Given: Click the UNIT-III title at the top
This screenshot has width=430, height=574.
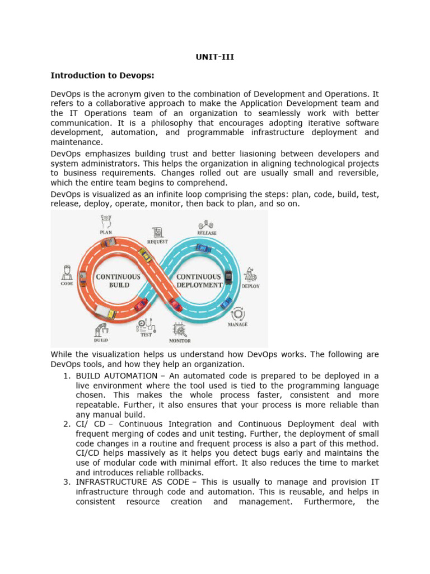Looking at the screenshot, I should [x=215, y=56].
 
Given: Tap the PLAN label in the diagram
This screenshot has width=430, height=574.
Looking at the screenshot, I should [x=106, y=232].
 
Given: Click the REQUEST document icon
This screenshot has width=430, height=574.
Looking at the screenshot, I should [x=158, y=232].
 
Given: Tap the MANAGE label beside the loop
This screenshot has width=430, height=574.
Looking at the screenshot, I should [x=237, y=325].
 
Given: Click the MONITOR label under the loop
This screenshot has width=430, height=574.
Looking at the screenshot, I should [x=180, y=341].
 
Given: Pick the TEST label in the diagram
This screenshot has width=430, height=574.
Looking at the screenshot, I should [x=146, y=335].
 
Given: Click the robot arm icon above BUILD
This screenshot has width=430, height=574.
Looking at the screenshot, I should [x=101, y=328].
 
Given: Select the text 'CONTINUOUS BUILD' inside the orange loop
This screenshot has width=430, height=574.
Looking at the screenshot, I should [x=118, y=280].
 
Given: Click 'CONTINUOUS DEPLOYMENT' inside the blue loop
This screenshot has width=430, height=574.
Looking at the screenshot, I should [x=199, y=280].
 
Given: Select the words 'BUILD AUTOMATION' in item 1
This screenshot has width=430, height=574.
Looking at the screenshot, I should [x=110, y=376].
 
